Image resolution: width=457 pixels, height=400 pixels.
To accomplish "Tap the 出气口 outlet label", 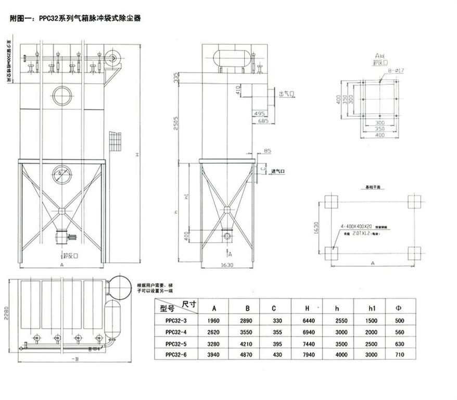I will tap(287, 94).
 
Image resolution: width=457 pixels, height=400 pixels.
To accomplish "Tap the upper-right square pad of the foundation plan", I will tap(414, 202).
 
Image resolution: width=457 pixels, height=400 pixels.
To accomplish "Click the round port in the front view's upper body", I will tap(62, 96).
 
